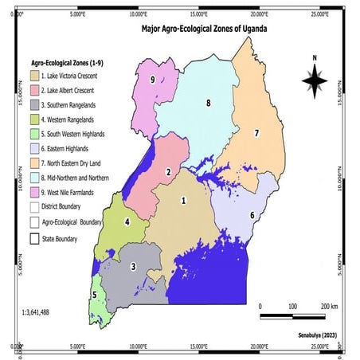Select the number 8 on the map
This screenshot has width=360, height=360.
pos(208,104)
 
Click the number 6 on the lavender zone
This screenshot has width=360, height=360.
pos(252,215)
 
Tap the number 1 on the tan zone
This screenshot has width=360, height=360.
pos(185,201)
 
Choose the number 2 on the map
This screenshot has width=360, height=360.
pos(168,171)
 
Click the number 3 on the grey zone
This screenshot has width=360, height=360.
pos(134,266)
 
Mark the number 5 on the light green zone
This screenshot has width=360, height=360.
pos(95,295)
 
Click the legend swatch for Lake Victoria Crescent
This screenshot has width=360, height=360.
pos(36,76)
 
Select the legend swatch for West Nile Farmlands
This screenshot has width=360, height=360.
pos(36,192)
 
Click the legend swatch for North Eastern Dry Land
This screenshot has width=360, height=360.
pos(36,162)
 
